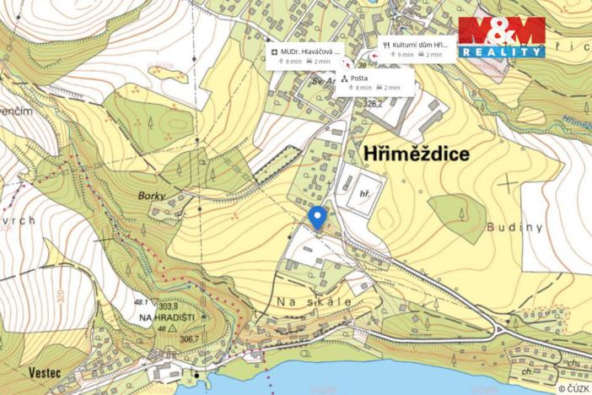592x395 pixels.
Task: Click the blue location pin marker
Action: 317,217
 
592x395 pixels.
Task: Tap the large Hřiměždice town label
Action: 417,154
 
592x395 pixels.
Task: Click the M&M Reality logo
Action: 501,37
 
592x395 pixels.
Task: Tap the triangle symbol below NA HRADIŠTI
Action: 172,327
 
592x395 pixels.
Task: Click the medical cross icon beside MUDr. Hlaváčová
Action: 275,51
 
